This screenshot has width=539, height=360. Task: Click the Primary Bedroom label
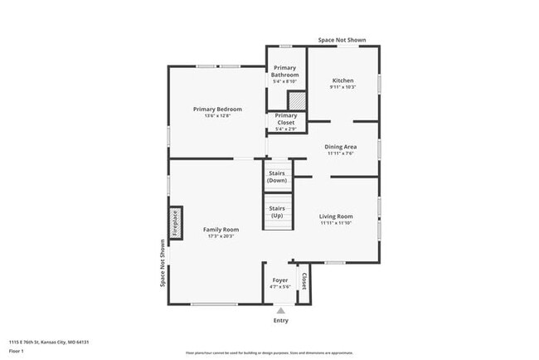[217, 109]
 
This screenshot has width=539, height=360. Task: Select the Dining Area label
[340, 147]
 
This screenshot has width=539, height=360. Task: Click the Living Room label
[336, 216]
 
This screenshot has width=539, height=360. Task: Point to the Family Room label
[221, 229]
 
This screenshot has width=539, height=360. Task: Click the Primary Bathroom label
[285, 72]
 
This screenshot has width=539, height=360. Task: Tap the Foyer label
[280, 280]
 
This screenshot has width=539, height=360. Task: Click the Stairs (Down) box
[278, 176]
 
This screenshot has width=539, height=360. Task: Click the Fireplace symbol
[175, 223]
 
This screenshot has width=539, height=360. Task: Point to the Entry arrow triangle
[281, 310]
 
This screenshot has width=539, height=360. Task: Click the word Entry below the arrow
[281, 320]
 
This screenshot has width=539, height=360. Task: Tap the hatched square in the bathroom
[297, 100]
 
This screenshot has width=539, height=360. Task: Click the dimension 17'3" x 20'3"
[221, 236]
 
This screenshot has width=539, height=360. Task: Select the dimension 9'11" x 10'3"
[342, 87]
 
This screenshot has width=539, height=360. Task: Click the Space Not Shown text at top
[342, 40]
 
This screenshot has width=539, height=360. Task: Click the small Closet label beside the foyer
[303, 281]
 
